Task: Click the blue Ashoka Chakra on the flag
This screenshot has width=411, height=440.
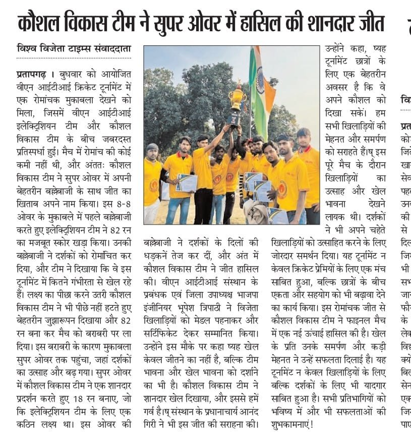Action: coord(261,80)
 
